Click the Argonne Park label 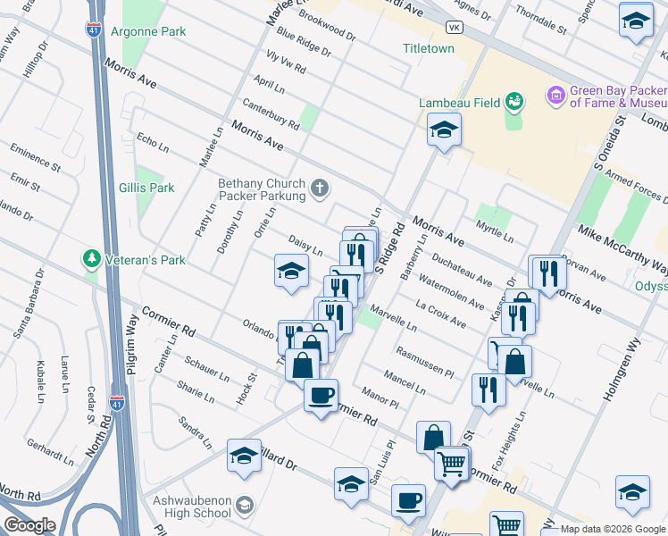[x=148, y=31]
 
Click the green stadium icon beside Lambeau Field [x=514, y=101]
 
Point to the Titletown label [x=428, y=48]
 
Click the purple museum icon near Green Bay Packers [x=555, y=94]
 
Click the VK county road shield [x=455, y=28]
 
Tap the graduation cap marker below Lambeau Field [x=443, y=131]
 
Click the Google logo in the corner [x=29, y=525]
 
